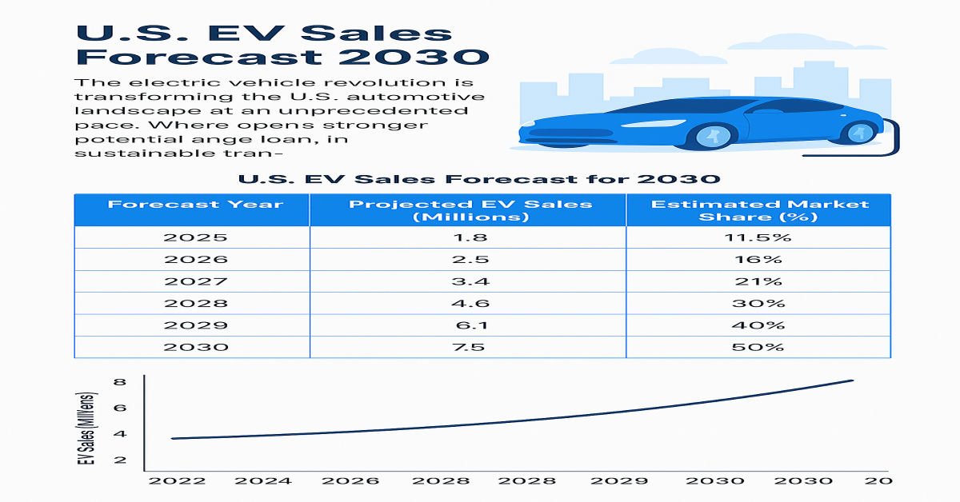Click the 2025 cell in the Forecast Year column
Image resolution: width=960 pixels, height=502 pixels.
[x=195, y=237]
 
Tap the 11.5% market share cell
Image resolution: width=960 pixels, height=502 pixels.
[x=759, y=237]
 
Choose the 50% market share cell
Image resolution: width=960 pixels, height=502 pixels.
[x=759, y=347]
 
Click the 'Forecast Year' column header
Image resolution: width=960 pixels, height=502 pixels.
[x=195, y=204]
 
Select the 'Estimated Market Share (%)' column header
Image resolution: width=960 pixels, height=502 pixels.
[x=759, y=210]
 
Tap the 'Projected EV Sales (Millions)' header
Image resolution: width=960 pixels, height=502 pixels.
[x=470, y=210]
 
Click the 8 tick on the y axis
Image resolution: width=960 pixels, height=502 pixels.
[x=120, y=382]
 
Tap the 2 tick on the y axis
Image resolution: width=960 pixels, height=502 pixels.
[x=120, y=460]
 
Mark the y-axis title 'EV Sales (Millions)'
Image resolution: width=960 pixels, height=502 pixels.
[x=90, y=428]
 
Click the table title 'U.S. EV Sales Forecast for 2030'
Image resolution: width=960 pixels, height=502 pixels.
[x=479, y=178]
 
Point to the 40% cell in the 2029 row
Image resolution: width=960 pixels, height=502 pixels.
[x=759, y=325]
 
